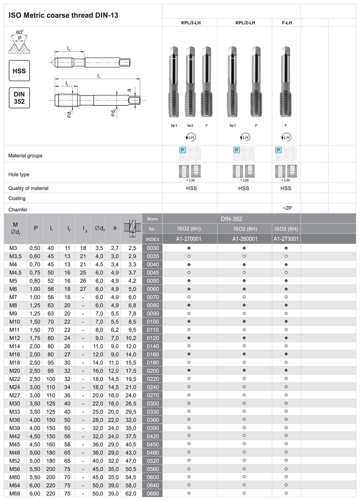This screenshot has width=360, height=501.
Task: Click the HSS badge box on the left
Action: click(19, 71)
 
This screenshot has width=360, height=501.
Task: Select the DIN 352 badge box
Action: click(19, 98)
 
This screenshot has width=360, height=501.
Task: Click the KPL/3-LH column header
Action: click(190, 23)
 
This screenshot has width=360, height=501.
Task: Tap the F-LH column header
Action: click(287, 23)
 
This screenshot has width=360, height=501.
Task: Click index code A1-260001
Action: click(244, 239)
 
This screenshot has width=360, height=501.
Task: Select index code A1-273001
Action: click(286, 239)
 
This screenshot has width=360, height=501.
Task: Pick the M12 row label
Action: click(15, 338)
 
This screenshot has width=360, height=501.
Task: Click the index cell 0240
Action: click(153, 387)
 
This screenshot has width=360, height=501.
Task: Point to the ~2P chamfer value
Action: click(287, 208)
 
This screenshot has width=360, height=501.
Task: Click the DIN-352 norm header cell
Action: click(231, 219)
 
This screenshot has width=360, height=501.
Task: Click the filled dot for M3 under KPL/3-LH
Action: click(189, 248)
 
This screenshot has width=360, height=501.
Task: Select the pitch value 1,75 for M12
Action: click(35, 338)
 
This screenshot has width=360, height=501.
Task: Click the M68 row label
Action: click(15, 493)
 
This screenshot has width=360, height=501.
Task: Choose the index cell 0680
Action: click(153, 494)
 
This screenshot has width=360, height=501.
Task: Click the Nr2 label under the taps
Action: click(190, 126)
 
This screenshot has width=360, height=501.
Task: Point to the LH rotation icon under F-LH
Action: click(286, 137)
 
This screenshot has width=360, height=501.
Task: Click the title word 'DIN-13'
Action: click(107, 15)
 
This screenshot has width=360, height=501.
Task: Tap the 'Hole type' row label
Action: click(19, 174)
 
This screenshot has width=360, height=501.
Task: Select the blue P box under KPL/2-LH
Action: click(237, 150)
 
